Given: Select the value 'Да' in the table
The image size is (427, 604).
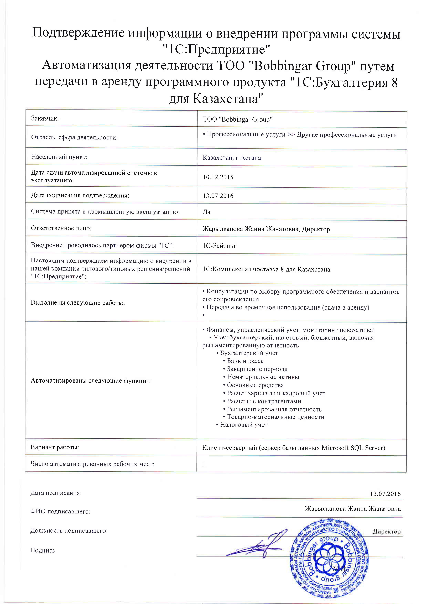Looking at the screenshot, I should pos(207,212).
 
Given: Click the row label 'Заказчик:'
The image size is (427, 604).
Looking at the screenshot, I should pos(45,118).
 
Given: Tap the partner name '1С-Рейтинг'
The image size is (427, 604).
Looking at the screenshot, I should pos(220,246).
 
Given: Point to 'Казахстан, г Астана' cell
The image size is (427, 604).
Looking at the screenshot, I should pos(232,158).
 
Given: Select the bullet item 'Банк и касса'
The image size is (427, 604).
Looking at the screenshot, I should pos(245,361).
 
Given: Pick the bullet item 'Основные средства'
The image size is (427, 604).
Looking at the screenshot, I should pos(255,385).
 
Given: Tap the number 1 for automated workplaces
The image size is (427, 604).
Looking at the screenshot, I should pos(204,464).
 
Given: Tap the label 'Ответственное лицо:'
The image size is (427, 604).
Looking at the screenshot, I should pos(61,228).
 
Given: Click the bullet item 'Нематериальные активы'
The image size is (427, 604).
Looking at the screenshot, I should pos(263,377).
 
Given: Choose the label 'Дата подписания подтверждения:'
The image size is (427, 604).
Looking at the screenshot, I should pos(80,195).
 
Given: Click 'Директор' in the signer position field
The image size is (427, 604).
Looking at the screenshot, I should pos(387,532).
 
